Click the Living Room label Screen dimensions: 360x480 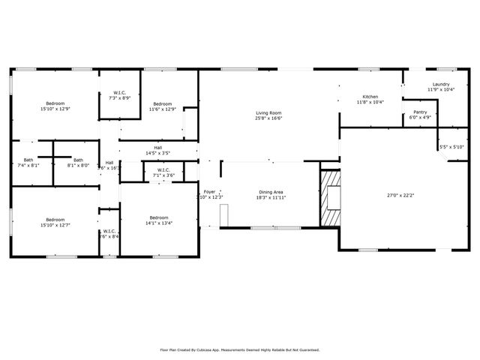click(271, 111)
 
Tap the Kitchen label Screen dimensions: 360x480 click(370, 97)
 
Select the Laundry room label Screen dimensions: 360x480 click(441, 84)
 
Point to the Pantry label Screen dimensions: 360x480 click(419, 112)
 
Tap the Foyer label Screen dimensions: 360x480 click(210, 192)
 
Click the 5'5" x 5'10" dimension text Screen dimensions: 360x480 click(451, 147)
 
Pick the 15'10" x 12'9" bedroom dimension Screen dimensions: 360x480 click(55, 109)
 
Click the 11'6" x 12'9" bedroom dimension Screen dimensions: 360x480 click(163, 109)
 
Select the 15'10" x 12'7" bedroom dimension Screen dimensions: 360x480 click(55, 223)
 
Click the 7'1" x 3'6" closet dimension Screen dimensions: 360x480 click(162, 175)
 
